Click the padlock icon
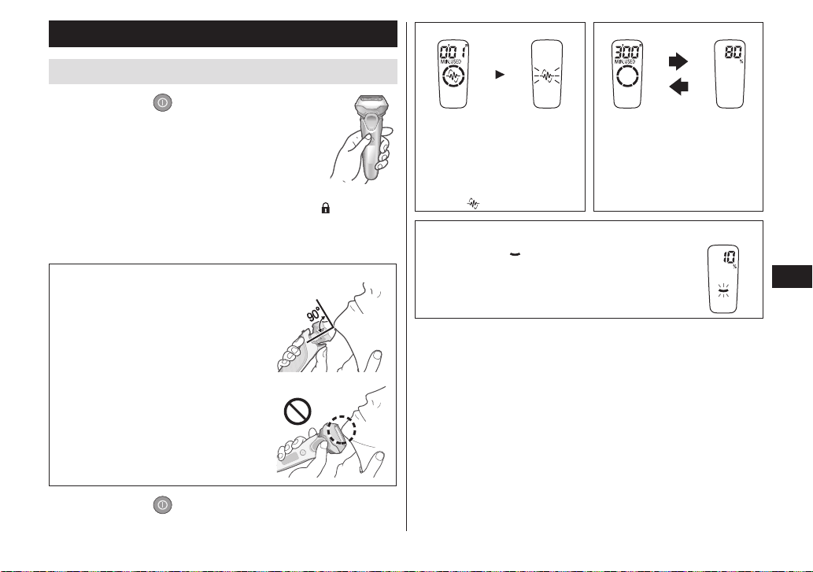click(x=326, y=209)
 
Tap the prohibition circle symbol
click(x=297, y=412)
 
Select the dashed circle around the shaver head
click(x=341, y=430)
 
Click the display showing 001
click(x=453, y=74)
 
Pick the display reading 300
click(x=627, y=74)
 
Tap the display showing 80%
click(x=730, y=74)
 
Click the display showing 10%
click(x=723, y=279)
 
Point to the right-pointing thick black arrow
click(x=678, y=61)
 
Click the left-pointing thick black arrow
click(x=678, y=86)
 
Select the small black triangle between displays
click(x=500, y=75)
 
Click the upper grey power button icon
click(x=162, y=102)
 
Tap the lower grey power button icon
click(x=162, y=504)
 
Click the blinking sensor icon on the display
click(x=546, y=76)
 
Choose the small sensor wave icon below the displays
click(x=473, y=204)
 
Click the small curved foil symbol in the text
click(x=515, y=254)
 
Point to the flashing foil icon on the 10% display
click(x=723, y=290)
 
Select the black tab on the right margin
click(x=792, y=276)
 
